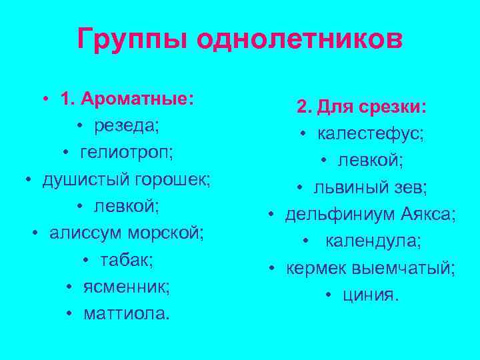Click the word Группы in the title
132,41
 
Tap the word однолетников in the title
299,39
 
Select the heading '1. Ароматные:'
127,99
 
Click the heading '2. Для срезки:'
362,107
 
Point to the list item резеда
127,126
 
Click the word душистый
87,180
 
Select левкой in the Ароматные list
127,207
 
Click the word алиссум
84,233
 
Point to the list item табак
127,260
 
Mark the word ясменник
127,287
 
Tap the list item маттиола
127,313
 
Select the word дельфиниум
341,215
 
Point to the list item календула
373,241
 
